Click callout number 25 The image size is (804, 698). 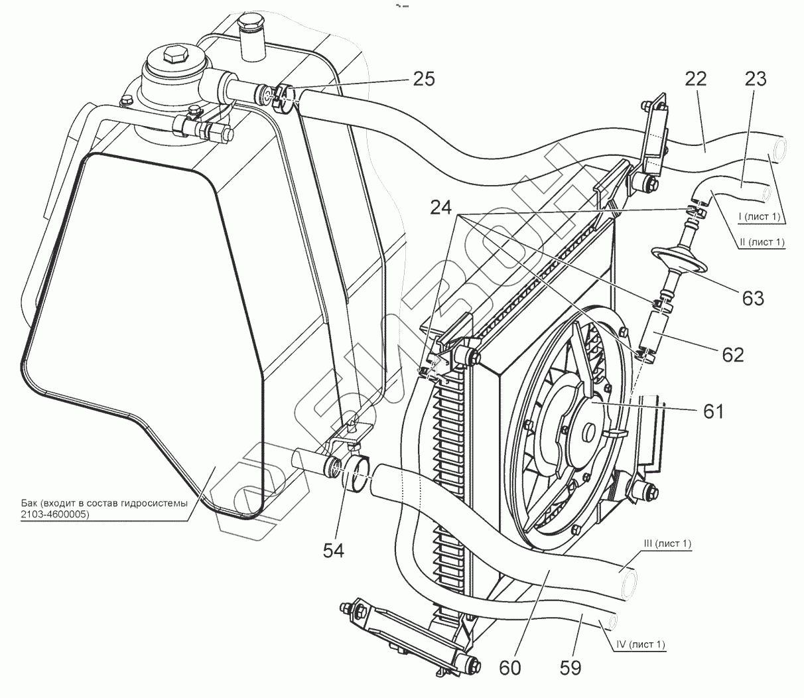[424, 79]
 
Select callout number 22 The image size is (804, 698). [696, 79]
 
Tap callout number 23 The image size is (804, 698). [755, 79]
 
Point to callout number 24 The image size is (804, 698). [441, 208]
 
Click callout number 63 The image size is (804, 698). [754, 299]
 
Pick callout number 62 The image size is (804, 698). [733, 355]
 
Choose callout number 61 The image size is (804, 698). [713, 412]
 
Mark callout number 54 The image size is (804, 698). [333, 551]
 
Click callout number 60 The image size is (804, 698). [509, 667]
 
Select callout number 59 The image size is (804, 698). [570, 667]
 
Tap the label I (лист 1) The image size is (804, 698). [758, 216]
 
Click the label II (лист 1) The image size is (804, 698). [762, 242]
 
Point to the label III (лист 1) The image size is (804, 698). [667, 543]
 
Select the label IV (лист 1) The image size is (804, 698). [640, 644]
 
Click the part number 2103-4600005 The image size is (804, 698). [55, 514]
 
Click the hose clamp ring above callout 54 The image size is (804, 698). [357, 474]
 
